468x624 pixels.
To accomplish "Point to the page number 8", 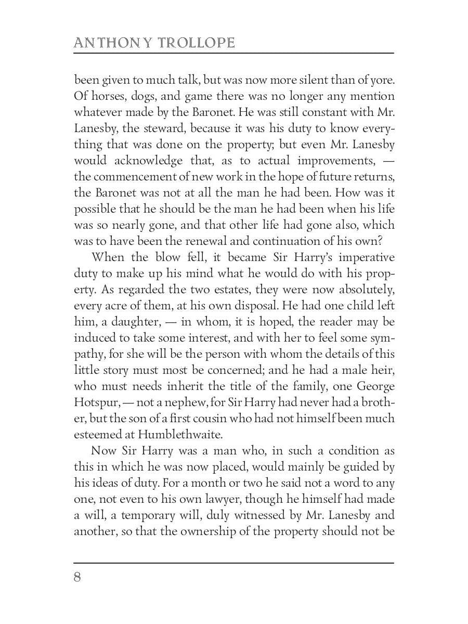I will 77,578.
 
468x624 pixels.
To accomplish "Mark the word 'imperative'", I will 364,257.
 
